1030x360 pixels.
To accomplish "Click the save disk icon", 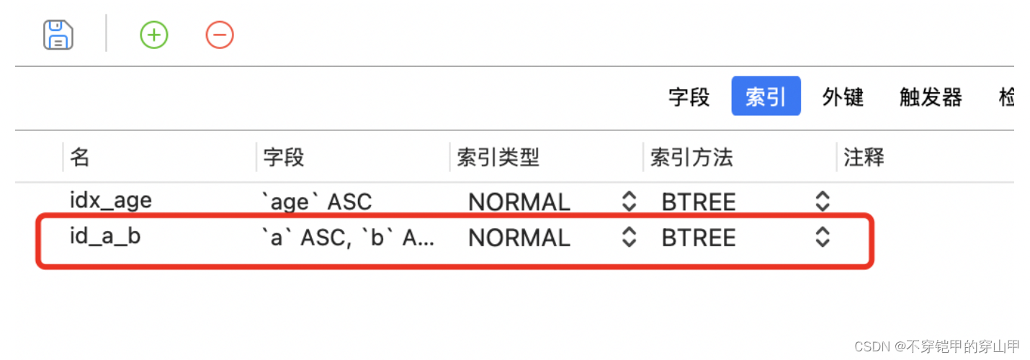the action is pyautogui.click(x=58, y=35).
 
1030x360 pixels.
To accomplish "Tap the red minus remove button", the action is pyautogui.click(x=220, y=35).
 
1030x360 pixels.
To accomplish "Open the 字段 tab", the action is pyautogui.click(x=689, y=97).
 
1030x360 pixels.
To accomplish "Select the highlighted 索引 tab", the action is pyautogui.click(x=766, y=97).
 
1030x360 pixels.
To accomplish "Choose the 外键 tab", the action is pyautogui.click(x=843, y=97).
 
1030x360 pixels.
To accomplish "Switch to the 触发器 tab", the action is pyautogui.click(x=931, y=97).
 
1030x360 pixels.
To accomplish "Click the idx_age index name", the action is pyautogui.click(x=111, y=201).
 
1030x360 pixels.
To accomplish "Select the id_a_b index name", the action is pyautogui.click(x=105, y=237).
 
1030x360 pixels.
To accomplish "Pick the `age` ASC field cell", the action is pyautogui.click(x=316, y=202).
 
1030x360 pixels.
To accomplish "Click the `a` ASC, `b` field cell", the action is pyautogui.click(x=347, y=238).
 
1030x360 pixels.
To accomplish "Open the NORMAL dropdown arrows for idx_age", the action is pyautogui.click(x=629, y=202).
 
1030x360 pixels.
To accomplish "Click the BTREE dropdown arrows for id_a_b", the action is pyautogui.click(x=823, y=238).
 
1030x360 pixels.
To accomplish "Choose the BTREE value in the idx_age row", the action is pyautogui.click(x=699, y=202).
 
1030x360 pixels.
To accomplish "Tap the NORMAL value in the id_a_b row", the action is pyautogui.click(x=519, y=238).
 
